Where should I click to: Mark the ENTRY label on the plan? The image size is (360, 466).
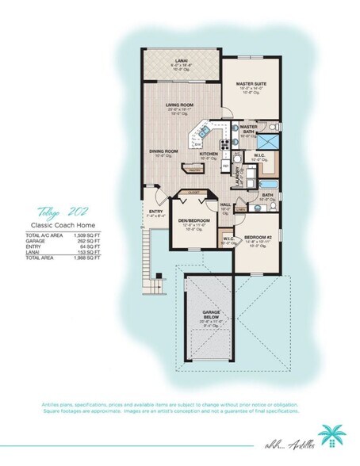156,211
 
